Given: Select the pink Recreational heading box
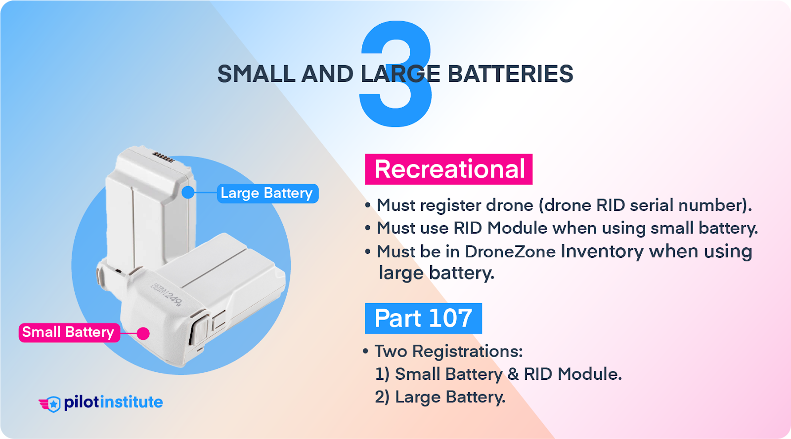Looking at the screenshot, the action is tap(448, 169).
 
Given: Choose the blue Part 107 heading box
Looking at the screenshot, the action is tap(423, 319).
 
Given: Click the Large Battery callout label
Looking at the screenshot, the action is tap(267, 193).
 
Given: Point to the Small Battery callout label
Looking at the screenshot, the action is tap(69, 332).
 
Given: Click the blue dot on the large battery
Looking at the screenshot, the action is tap(188, 192).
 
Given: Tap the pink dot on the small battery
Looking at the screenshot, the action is tap(143, 333).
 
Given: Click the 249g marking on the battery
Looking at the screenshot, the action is tap(173, 298).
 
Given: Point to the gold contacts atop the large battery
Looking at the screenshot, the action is tap(163, 157).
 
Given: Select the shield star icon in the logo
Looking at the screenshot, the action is tap(53, 404).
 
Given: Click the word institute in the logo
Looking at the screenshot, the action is tap(132, 402).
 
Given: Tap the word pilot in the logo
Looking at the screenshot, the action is tap(82, 403).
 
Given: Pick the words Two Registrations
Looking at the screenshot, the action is tap(448, 351).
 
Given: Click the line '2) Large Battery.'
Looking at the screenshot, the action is tap(440, 397).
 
